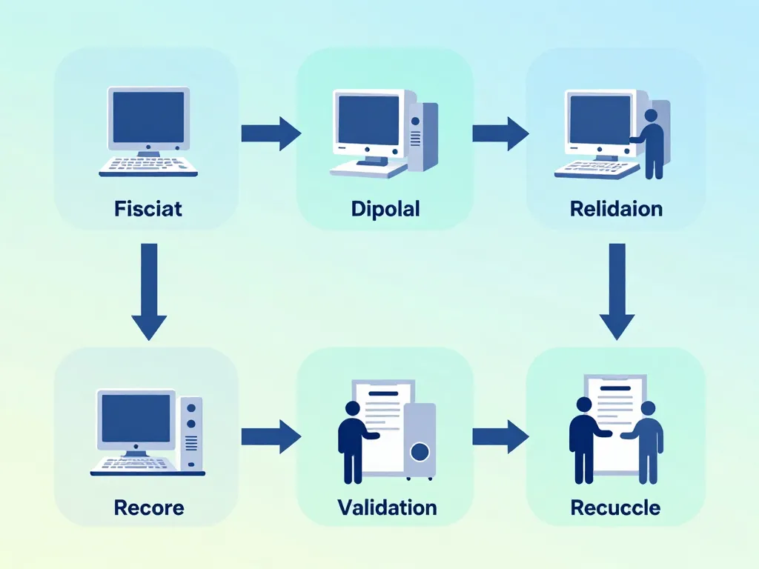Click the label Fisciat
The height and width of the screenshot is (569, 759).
click(148, 209)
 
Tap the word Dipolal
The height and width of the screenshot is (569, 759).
click(385, 209)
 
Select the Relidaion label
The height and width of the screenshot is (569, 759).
click(616, 209)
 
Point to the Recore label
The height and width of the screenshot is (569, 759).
click(149, 508)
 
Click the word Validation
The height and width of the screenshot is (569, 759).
click(387, 508)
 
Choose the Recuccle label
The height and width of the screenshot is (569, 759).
click(615, 508)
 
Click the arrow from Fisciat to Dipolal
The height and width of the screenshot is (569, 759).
click(271, 133)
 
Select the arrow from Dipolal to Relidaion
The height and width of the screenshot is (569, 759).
click(500, 133)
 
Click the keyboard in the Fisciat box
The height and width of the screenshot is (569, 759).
click(148, 165)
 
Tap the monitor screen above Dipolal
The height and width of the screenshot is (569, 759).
click(368, 119)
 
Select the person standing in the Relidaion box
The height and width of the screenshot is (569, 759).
click(652, 145)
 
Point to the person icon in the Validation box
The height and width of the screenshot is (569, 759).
click(352, 442)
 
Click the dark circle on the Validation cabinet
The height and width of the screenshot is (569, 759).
click(420, 451)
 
